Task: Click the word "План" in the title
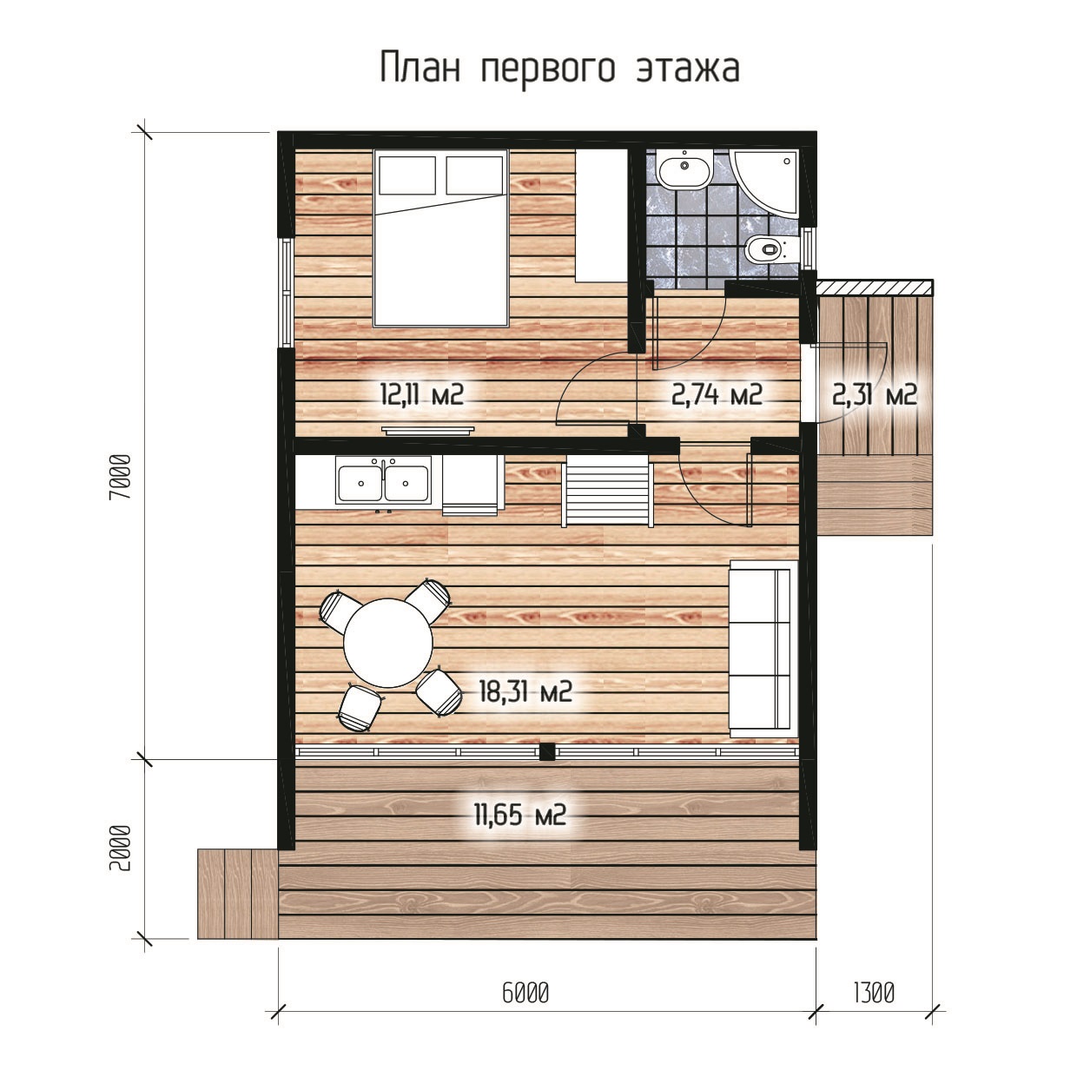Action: (421, 67)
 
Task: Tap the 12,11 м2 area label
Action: (422, 394)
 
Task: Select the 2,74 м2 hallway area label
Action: (717, 394)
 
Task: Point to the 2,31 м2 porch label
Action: (874, 394)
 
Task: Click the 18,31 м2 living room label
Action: (525, 692)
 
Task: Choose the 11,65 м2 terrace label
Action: (519, 815)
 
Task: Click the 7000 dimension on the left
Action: (121, 476)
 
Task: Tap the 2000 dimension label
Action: (121, 848)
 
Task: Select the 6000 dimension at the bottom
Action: (525, 993)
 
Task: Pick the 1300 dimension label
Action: (874, 993)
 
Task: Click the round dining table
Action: (388, 643)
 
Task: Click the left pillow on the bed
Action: (407, 175)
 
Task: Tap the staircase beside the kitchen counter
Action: (607, 491)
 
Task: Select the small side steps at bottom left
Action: (237, 894)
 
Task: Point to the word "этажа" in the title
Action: (688, 67)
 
